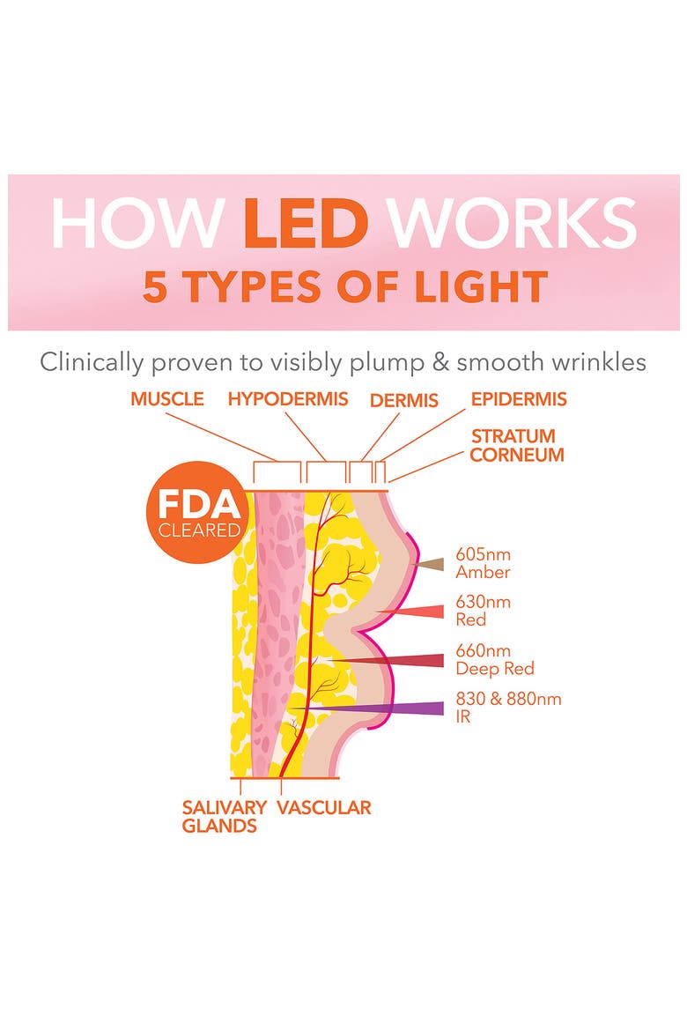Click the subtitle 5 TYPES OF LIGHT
click(x=344, y=286)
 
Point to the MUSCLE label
click(x=167, y=399)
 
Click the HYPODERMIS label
click(x=288, y=399)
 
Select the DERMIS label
click(x=403, y=400)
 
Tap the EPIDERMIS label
click(x=519, y=399)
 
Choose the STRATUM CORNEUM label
click(x=517, y=445)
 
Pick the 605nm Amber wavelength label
click(x=484, y=563)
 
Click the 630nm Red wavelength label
click(x=484, y=611)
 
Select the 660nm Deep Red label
click(x=495, y=659)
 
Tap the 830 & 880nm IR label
click(x=508, y=708)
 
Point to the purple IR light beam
click(x=368, y=708)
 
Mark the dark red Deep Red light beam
click(x=387, y=660)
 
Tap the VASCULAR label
click(x=324, y=807)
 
